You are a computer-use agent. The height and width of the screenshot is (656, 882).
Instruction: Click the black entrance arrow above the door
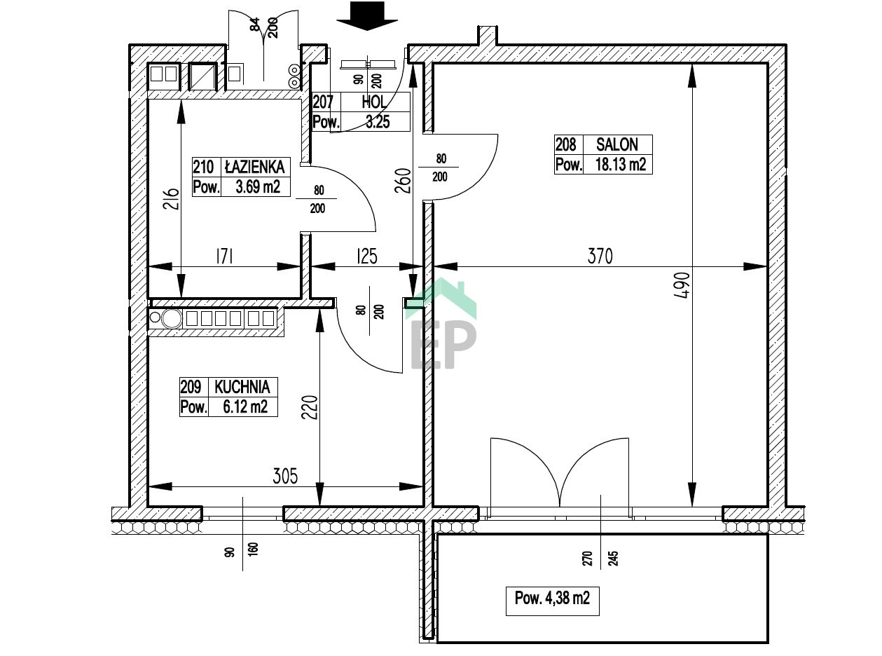pos(366,16)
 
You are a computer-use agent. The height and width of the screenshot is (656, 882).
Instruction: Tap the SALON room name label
pos(616,145)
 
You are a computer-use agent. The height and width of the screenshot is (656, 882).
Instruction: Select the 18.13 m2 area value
pos(621,164)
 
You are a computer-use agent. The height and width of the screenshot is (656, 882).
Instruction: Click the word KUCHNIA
pos(242,387)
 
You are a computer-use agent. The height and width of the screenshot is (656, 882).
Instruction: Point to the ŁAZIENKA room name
pos(255,167)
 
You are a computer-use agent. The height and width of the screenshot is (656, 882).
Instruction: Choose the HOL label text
pos(374,102)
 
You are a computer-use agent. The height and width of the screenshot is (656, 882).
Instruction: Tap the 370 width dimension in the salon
pos(600,257)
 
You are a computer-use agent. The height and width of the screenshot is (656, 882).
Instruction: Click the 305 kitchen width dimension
pos(285,476)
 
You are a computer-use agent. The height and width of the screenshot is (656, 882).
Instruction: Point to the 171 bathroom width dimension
pos(225,257)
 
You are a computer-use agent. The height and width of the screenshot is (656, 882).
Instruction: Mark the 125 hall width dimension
pos(366,257)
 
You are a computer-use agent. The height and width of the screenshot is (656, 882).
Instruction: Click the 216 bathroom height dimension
pos(171,199)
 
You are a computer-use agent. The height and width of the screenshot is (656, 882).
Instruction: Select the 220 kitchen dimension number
pos(310,407)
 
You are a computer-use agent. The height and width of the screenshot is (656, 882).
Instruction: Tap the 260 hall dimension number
pos(402,181)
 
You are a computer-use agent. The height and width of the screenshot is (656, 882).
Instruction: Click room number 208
pos(566,145)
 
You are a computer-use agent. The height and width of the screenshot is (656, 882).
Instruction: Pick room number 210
pos(203,167)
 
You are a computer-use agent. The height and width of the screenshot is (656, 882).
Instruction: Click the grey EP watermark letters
pos(443,345)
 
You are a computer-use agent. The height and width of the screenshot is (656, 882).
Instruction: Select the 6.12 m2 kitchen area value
pos(245,407)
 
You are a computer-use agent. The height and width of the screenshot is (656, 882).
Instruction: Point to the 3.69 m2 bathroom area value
pos(258,186)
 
